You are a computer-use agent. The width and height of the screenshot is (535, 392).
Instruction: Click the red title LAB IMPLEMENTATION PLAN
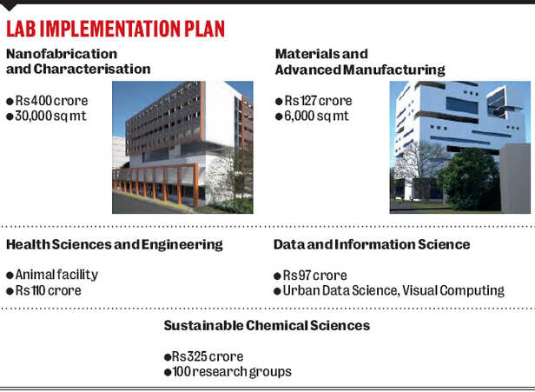click(x=115, y=29)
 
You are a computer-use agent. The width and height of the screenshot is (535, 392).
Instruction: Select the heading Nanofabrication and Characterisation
click(x=78, y=62)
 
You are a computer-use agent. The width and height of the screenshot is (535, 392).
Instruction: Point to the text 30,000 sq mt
click(x=50, y=116)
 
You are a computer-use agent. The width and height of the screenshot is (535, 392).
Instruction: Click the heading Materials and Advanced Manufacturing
click(x=359, y=62)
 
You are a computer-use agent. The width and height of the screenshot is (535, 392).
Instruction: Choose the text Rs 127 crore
click(x=315, y=100)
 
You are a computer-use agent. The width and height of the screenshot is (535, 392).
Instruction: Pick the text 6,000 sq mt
click(x=316, y=116)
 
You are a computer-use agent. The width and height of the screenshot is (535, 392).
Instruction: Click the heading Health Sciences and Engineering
click(x=114, y=245)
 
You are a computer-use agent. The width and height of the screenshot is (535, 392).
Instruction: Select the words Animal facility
click(x=56, y=275)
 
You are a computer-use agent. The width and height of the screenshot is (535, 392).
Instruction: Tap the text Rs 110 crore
click(x=48, y=290)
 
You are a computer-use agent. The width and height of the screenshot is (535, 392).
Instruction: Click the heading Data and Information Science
click(x=372, y=245)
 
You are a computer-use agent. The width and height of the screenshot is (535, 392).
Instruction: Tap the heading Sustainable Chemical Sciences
click(x=267, y=326)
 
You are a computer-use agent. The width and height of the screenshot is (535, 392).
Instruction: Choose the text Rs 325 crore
click(x=207, y=356)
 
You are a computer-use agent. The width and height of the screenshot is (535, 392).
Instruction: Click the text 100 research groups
click(x=231, y=371)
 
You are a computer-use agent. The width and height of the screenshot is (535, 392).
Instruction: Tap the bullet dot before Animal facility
click(x=10, y=276)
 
